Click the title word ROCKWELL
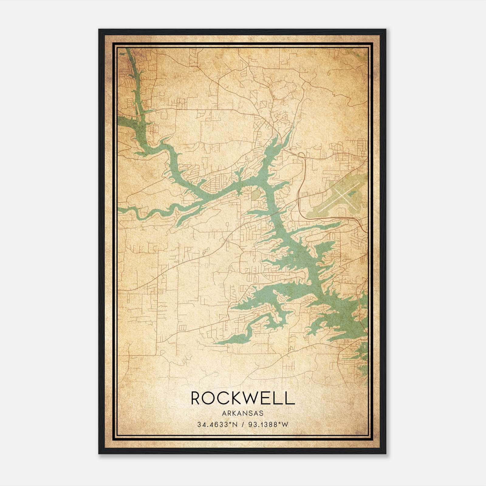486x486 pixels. click(x=243, y=398)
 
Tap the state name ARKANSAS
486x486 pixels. click(x=243, y=413)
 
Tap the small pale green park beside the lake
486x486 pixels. click(x=256, y=194)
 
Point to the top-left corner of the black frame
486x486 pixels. click(x=99, y=29)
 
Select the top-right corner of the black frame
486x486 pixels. click(x=386, y=29)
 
